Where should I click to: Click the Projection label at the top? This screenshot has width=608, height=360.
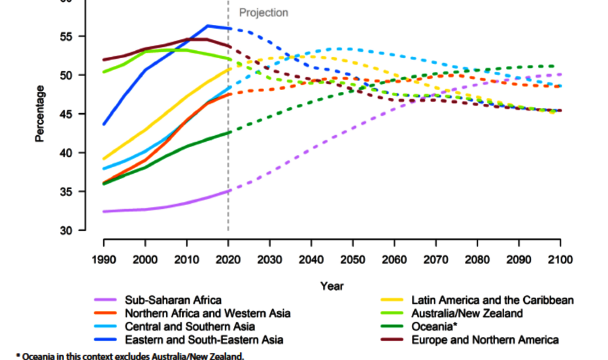click(263, 13)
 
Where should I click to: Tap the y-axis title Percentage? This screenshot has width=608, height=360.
click(40, 114)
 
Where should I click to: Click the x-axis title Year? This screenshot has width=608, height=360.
click(332, 286)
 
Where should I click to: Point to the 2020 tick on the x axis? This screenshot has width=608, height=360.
click(228, 260)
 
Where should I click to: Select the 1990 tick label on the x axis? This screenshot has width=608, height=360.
click(103, 260)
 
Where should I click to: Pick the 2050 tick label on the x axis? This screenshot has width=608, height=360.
click(353, 260)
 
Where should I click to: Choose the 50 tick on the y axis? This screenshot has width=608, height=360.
click(67, 75)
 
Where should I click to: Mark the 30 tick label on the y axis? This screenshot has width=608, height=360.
click(67, 231)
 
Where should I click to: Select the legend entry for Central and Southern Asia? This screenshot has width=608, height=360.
click(190, 327)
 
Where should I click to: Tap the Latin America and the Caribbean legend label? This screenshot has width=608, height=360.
click(492, 301)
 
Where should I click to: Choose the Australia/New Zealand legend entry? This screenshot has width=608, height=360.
click(467, 314)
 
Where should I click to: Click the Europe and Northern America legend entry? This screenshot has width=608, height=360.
click(484, 340)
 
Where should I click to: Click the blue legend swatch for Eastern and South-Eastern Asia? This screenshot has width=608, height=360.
click(104, 340)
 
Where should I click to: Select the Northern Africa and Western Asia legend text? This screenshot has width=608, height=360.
click(207, 314)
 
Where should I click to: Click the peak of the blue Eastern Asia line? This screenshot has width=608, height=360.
click(208, 26)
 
